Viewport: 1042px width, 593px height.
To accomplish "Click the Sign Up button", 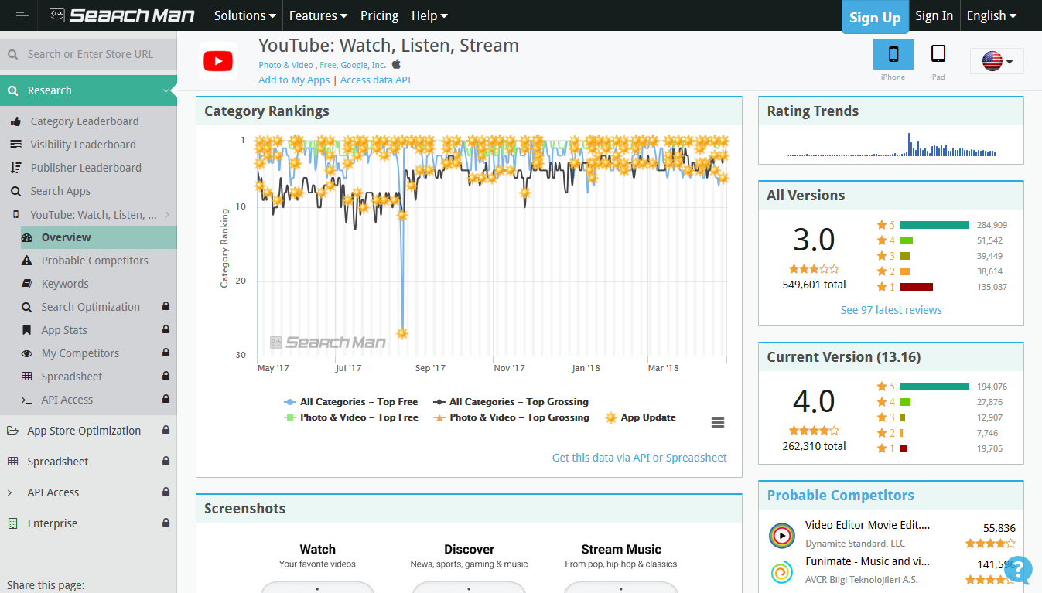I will pos(875,17).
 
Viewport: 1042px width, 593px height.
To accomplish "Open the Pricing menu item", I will pos(379,15).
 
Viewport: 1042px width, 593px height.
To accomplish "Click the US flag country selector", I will pos(996,61).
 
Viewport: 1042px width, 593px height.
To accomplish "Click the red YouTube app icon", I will pos(218,61).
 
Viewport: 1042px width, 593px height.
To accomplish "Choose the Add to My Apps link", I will pos(294,80).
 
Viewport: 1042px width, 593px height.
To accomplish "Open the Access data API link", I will pos(375,80).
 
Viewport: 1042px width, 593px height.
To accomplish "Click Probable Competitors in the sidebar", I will pos(94,261).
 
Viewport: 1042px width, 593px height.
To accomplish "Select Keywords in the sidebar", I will pos(65,284).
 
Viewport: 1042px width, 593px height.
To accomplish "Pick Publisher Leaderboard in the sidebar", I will pos(86,168).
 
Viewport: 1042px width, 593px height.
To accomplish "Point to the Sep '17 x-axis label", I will pos(429,369).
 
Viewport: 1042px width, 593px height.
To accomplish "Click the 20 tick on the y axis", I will pos(241,281).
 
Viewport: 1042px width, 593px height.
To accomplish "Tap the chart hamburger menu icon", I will pos(718,422).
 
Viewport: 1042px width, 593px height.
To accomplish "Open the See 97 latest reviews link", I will pos(891,310).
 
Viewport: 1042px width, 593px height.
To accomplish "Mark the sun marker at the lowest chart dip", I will pos(402,333).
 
